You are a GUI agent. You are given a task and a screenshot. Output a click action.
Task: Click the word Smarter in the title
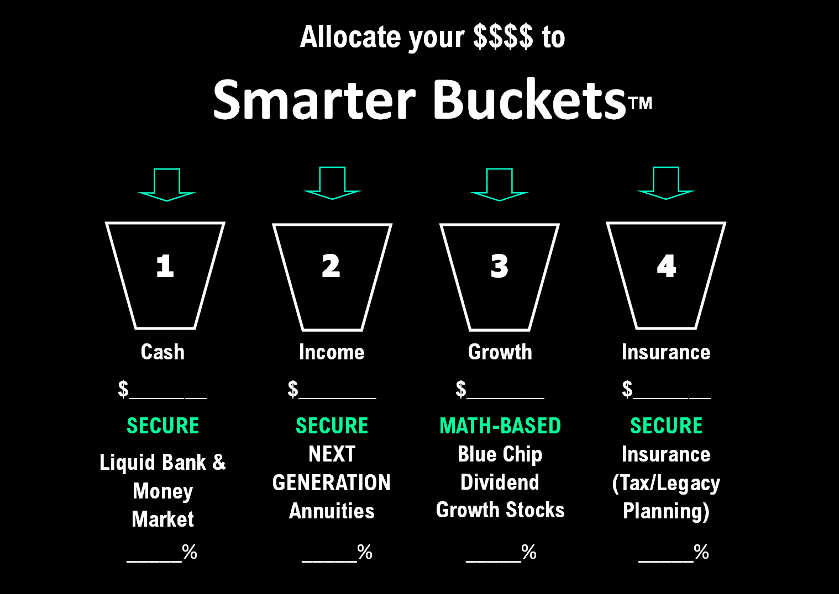click(x=314, y=100)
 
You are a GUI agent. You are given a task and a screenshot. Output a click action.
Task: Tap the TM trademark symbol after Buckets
click(x=641, y=103)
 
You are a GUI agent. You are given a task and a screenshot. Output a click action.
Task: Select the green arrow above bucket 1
click(x=167, y=185)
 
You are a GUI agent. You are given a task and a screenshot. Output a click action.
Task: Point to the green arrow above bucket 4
click(x=666, y=183)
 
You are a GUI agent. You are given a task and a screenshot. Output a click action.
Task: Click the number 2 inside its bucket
click(x=331, y=266)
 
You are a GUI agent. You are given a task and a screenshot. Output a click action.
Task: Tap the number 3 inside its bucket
click(x=499, y=266)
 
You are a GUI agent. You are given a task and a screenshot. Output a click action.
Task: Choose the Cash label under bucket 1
click(x=162, y=352)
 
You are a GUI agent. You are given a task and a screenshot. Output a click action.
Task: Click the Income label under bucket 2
click(x=332, y=352)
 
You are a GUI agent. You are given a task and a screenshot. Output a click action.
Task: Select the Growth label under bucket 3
click(x=500, y=353)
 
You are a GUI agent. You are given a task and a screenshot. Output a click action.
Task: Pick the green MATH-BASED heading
click(x=500, y=426)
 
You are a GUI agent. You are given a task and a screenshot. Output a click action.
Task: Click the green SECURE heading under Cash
click(x=163, y=426)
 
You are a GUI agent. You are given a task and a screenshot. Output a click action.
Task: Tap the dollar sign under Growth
click(x=461, y=389)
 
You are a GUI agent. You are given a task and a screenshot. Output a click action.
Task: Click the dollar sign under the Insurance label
click(x=627, y=389)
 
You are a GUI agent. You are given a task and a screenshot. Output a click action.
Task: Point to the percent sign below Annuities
click(x=365, y=551)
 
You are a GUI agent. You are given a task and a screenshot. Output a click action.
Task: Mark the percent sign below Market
click(x=190, y=551)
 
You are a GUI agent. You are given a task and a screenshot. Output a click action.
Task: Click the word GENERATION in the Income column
click(x=332, y=482)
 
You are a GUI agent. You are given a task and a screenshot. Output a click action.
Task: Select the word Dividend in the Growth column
click(x=500, y=482)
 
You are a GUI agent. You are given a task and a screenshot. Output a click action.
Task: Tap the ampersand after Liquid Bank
click(x=219, y=462)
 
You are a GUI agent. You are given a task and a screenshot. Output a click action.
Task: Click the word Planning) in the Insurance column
click(x=666, y=511)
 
